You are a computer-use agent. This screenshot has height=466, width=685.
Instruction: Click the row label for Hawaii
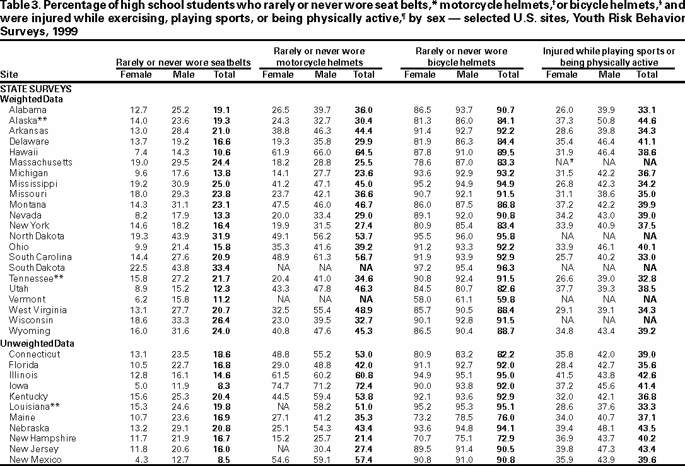[x=24, y=152]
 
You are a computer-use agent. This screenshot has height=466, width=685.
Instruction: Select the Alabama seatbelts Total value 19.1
[x=225, y=109]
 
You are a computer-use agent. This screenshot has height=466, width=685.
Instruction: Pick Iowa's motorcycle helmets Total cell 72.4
[x=363, y=386]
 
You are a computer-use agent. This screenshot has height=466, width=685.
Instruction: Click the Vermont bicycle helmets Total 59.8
[x=508, y=299]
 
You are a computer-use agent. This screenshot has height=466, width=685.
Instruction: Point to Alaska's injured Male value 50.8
[x=609, y=120]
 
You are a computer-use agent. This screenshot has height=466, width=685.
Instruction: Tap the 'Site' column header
[x=9, y=75]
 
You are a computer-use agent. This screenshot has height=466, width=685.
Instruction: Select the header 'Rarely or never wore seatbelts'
[x=184, y=63]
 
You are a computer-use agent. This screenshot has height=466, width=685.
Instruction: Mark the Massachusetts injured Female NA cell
[x=560, y=162]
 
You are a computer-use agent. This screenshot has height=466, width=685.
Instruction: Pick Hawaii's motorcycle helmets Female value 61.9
[x=278, y=152]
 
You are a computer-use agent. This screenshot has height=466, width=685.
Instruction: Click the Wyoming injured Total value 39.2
[x=647, y=331]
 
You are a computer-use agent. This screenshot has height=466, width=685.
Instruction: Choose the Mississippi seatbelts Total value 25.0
[x=225, y=184]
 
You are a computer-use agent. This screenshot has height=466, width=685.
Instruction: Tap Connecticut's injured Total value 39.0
[x=647, y=354]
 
